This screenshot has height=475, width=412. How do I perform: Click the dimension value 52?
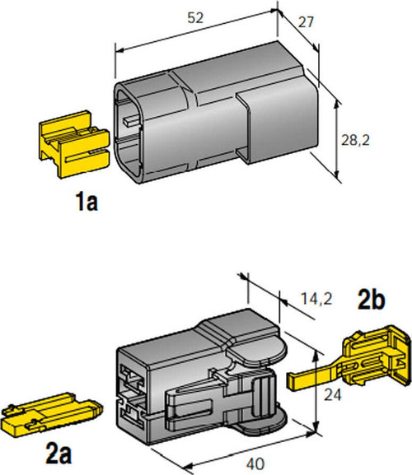coord(195,18)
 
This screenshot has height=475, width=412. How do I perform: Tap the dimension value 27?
coord(306,22)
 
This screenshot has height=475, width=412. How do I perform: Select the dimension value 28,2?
coord(355,140)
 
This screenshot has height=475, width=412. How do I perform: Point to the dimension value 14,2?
coord(316,299)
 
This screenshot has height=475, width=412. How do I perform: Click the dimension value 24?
coord(333,394)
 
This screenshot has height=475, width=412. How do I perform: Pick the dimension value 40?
coord(255,463)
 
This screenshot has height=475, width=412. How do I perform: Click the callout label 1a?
coord(87,202)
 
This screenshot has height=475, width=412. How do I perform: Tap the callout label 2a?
coord(59,454)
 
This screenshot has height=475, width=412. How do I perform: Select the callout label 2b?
coord(371,300)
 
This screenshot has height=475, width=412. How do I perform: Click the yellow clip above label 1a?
coord(74,145)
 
